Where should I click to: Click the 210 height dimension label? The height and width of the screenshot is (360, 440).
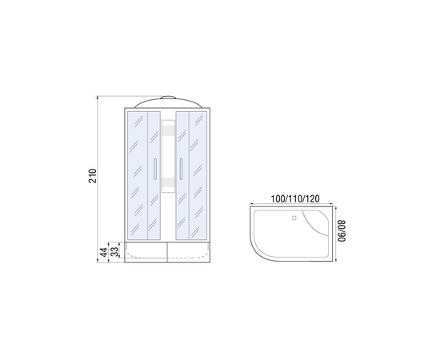click(93, 176)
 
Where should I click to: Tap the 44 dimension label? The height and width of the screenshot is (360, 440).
click(104, 252)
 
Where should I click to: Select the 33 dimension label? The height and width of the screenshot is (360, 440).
click(114, 252)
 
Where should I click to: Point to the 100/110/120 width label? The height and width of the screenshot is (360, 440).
click(295, 198)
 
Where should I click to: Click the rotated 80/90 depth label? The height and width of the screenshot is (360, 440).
click(342, 230)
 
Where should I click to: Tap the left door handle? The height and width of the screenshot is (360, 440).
click(154, 168)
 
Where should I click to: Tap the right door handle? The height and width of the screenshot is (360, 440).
click(182, 168)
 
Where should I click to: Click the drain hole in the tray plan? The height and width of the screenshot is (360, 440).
click(294, 218)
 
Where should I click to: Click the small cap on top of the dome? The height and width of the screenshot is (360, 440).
click(168, 98)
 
